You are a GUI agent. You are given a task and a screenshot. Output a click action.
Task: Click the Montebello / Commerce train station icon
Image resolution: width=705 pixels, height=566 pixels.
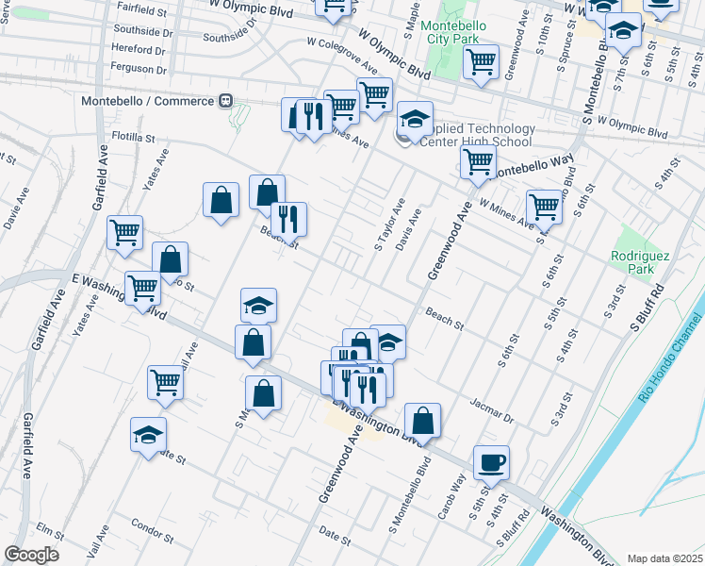pos(225,101)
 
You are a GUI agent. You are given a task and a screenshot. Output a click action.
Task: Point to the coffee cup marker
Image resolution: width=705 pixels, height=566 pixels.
pos(491,463)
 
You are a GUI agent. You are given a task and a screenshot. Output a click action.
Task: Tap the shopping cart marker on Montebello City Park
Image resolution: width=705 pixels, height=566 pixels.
pos(482,63)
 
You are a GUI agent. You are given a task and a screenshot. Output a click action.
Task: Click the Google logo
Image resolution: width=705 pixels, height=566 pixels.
pos(31,555)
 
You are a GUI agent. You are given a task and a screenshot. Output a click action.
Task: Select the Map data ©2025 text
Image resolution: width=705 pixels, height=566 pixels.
pos(664,558)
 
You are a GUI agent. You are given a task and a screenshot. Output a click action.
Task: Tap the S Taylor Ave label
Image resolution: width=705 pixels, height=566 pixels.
pos(389,225)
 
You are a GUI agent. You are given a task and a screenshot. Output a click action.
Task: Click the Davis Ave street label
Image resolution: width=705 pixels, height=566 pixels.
pos(408,231)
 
